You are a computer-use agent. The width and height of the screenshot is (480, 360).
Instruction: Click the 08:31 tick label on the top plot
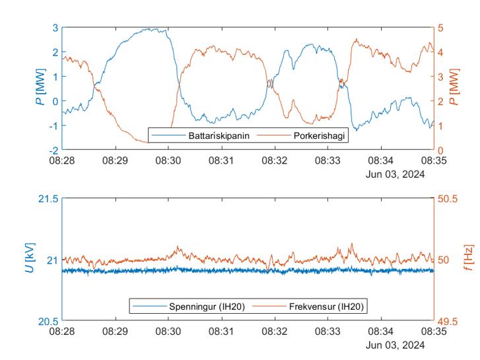tap(222, 161)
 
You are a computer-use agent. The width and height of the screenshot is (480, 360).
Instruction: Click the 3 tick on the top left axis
tap(55, 28)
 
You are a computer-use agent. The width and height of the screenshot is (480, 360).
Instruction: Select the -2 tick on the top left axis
tap(53, 151)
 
